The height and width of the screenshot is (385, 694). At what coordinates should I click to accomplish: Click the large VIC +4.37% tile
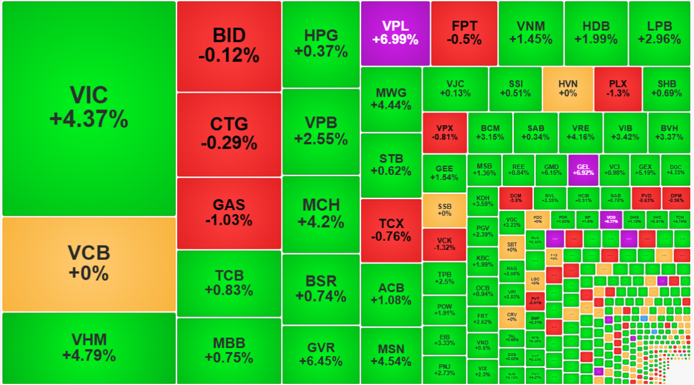tap(88, 108)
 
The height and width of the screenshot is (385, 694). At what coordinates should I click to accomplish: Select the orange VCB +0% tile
tap(88, 263)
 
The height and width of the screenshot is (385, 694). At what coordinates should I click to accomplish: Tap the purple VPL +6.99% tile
tap(395, 33)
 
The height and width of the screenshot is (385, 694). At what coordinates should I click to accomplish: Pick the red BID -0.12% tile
tap(228, 46)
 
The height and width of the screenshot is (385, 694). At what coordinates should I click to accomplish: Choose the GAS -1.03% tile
tap(228, 212)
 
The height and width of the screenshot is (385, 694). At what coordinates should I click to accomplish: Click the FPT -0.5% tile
tap(464, 33)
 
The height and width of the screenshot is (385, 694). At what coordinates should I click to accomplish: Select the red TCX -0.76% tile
tap(391, 230)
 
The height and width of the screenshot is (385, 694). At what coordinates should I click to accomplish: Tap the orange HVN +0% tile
tap(567, 89)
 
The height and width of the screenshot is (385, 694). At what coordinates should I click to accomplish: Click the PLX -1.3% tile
tap(618, 89)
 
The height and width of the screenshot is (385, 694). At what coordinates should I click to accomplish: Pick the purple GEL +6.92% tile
tap(582, 169)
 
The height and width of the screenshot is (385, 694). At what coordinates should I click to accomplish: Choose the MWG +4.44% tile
tap(391, 99)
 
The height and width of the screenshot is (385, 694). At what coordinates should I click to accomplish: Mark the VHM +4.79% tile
tap(88, 347)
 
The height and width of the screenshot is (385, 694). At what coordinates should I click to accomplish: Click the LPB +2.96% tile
tap(659, 33)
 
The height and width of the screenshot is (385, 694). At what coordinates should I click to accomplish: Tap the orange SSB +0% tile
tap(444, 210)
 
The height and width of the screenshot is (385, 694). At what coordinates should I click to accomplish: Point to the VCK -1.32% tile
tap(444, 244)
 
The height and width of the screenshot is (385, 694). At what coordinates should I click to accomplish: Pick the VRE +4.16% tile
tap(580, 133)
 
